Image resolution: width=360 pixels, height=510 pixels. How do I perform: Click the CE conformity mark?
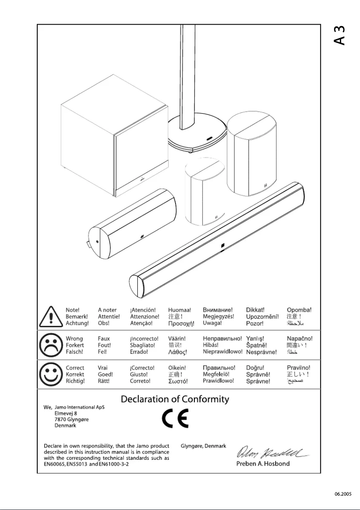coord(175,419)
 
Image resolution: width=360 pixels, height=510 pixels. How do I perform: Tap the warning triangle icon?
coord(51,317)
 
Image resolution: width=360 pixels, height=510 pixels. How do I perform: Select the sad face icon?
coord(50,345)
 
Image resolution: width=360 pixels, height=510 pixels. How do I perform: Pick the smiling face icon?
coord(50,374)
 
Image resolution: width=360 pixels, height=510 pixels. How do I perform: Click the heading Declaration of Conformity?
coord(175,399)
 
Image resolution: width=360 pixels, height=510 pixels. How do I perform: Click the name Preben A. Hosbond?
coord(263,463)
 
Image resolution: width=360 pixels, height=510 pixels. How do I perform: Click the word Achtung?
coord(77,323)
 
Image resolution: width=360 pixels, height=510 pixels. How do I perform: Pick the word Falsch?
coord(75,352)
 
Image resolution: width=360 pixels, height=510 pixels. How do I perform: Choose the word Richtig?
coord(75,381)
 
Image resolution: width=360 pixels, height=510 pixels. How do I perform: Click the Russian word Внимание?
coord(218,310)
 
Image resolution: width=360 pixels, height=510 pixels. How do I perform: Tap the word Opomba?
coord(299,310)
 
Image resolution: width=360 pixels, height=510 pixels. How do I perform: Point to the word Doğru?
coord(255,368)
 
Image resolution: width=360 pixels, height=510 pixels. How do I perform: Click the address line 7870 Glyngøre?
coord(71,419)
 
